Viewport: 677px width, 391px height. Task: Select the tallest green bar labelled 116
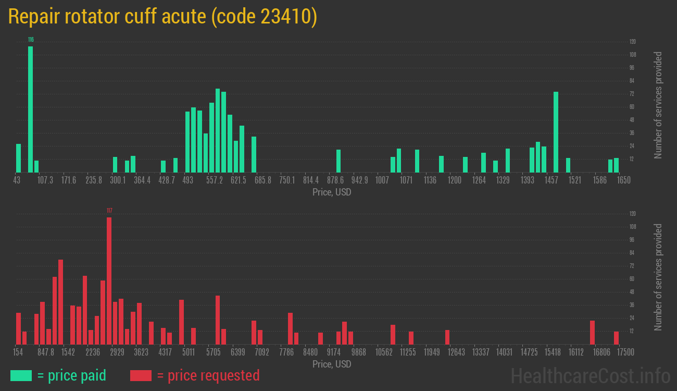[x=30, y=109]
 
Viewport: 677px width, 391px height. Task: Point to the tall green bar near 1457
[x=556, y=132]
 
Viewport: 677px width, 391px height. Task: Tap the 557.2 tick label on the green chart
[x=214, y=180]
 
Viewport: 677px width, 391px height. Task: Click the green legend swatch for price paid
[x=21, y=375]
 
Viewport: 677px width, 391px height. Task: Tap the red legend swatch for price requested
[x=141, y=375]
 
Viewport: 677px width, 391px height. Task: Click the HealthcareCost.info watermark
[x=591, y=375]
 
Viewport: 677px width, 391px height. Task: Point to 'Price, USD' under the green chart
[x=332, y=192]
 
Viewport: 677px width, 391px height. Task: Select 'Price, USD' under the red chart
[x=332, y=364]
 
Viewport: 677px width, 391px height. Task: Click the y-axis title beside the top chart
[x=658, y=105]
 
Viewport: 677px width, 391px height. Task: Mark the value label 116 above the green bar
[x=31, y=40]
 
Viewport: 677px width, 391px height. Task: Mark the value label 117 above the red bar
[x=109, y=211]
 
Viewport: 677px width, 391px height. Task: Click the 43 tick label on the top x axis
[x=17, y=180]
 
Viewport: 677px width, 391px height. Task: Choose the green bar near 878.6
[x=338, y=161]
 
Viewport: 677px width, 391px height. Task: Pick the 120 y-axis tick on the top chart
[x=633, y=42]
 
